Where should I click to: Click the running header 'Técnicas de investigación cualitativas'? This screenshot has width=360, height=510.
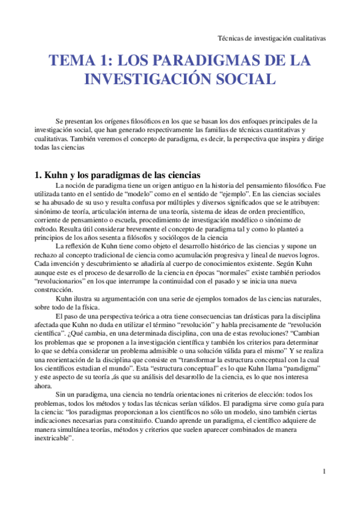coord(271,37)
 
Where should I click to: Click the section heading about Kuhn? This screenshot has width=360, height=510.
coord(118,175)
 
